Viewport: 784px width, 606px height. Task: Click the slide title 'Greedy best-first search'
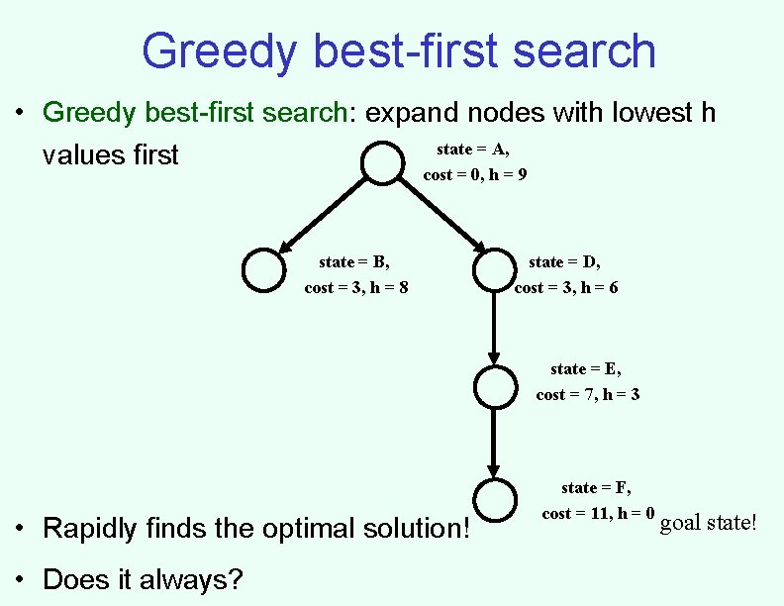point(398,51)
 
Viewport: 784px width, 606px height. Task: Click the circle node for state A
point(382,163)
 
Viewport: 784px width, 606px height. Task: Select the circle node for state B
point(264,270)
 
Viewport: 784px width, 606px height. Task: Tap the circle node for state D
point(494,270)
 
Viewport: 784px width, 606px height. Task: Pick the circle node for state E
point(494,386)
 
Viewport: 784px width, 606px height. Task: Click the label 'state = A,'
point(473,150)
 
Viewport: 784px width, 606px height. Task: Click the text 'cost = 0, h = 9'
point(474,175)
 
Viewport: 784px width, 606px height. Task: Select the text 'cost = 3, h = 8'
point(356,288)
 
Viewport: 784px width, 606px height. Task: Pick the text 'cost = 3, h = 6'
point(566,288)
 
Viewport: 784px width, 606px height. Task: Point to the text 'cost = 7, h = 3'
point(587,395)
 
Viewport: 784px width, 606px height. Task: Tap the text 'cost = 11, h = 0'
point(598,514)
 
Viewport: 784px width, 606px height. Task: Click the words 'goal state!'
point(708,522)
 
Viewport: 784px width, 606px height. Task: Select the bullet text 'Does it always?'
point(143,578)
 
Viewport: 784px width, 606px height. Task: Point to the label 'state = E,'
point(586,369)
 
